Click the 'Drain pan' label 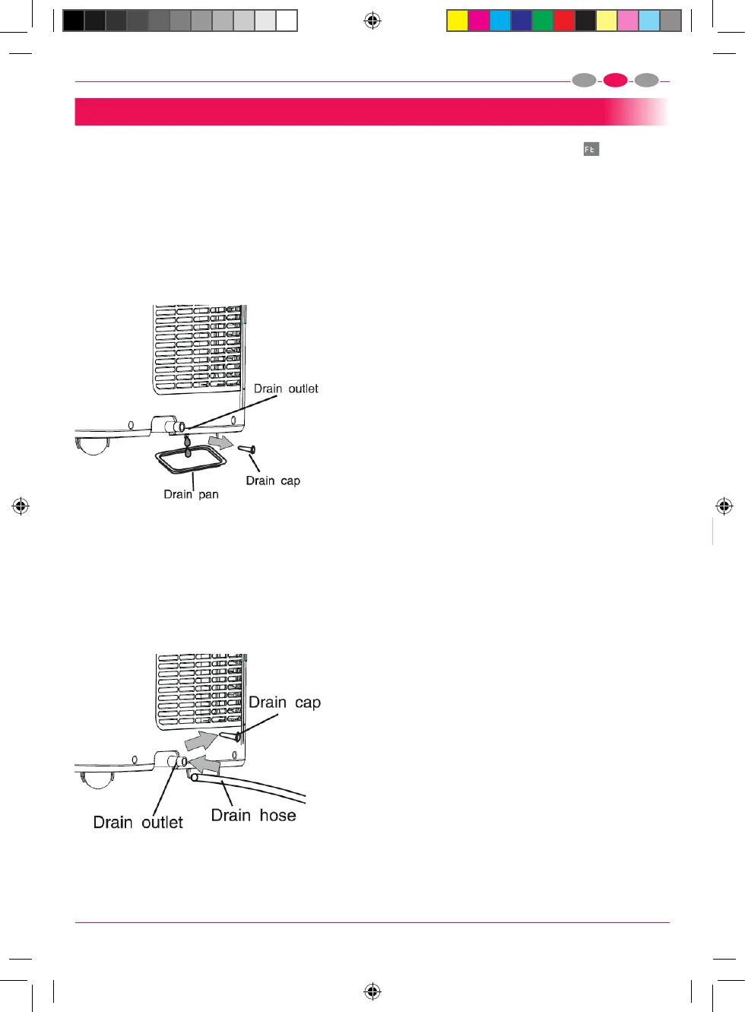click(191, 494)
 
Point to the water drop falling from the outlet click(187, 444)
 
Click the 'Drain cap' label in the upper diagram click(273, 481)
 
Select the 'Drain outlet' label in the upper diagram click(286, 389)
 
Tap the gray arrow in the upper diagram click(221, 441)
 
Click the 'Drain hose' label click(253, 815)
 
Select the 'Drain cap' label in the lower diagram click(284, 703)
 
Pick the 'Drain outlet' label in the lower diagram click(138, 822)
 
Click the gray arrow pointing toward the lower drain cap click(200, 739)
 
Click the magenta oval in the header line click(615, 81)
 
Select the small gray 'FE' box click(591, 149)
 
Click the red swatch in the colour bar click(563, 21)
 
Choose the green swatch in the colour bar click(542, 21)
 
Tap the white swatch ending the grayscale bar click(287, 21)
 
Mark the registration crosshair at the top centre click(372, 21)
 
